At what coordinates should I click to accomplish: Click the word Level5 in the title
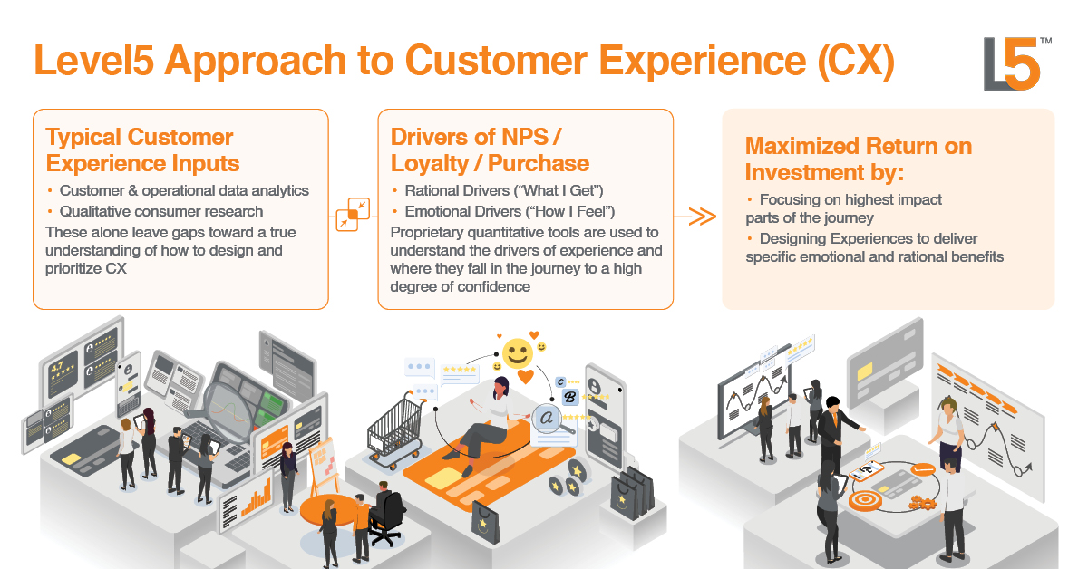coord(94,60)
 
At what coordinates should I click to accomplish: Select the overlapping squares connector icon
coord(353,214)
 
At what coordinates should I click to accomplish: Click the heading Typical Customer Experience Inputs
coord(142,150)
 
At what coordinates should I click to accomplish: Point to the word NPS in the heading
coord(525,137)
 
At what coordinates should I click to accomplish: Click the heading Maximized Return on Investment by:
coord(859,159)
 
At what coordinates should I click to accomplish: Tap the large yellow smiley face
coord(518,353)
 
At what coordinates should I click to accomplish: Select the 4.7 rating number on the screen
coord(57,367)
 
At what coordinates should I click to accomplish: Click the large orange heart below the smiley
coord(526,376)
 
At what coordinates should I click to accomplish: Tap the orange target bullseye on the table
coord(866,500)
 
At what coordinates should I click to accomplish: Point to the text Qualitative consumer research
coord(161,212)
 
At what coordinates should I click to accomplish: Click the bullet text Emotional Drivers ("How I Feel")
coord(510,212)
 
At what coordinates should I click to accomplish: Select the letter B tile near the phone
coord(569,398)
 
